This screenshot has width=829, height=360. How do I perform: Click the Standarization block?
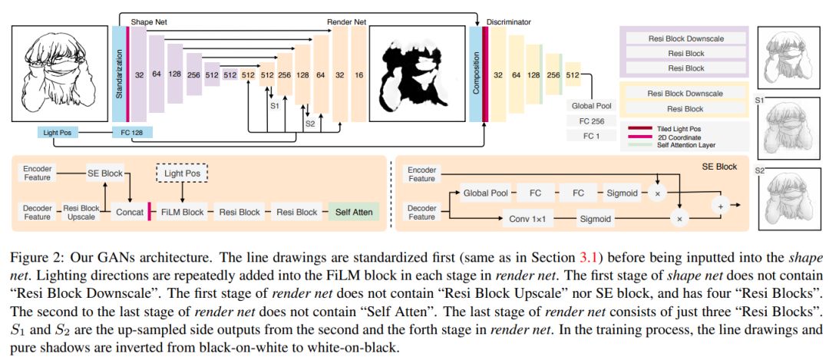[118, 74]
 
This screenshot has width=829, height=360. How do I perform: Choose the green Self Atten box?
[353, 212]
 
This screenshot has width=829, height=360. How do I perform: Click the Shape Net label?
[147, 23]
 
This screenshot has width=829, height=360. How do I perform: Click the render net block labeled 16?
[359, 75]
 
